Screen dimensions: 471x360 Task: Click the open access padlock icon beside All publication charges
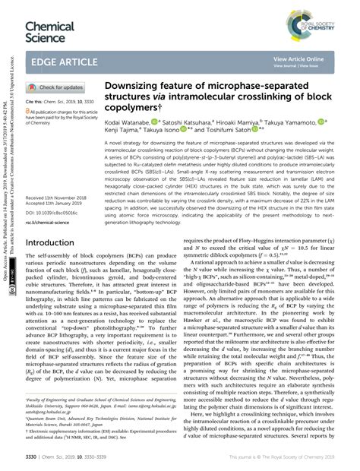pos(28,110)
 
